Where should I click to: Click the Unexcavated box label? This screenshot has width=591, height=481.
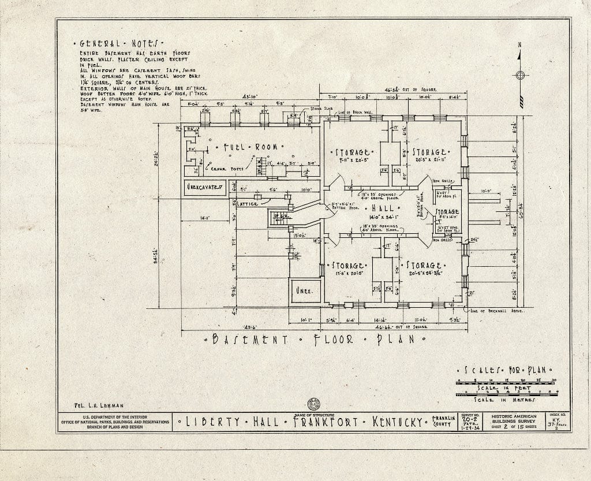click(x=204, y=187)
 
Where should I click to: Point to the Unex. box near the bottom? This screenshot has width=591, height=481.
click(x=305, y=291)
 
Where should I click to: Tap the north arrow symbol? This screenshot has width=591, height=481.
click(x=520, y=75)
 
